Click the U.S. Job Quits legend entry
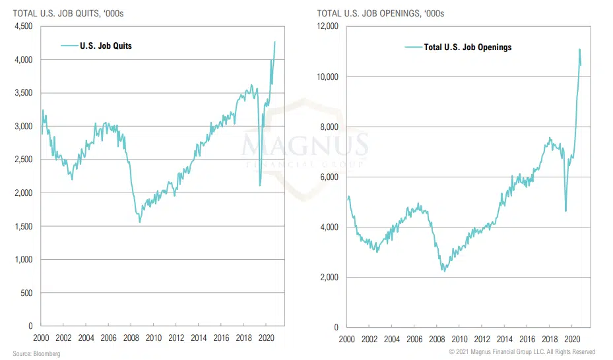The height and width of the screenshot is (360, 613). [106, 45]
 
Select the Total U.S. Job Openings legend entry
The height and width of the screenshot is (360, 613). [467, 47]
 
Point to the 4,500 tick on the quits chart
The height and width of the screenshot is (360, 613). [24, 26]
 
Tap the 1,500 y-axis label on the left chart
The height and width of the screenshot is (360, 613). [24, 226]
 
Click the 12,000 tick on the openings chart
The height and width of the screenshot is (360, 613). [327, 26]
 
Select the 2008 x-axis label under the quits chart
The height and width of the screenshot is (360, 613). [131, 338]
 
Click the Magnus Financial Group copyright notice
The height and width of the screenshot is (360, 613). [522, 352]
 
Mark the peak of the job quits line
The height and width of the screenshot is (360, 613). [275, 42]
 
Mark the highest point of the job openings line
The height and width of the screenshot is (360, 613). [579, 49]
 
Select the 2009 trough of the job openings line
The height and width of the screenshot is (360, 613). [444, 271]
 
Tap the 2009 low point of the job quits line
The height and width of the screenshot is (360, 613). [139, 222]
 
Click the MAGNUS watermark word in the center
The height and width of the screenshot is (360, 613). [306, 144]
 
